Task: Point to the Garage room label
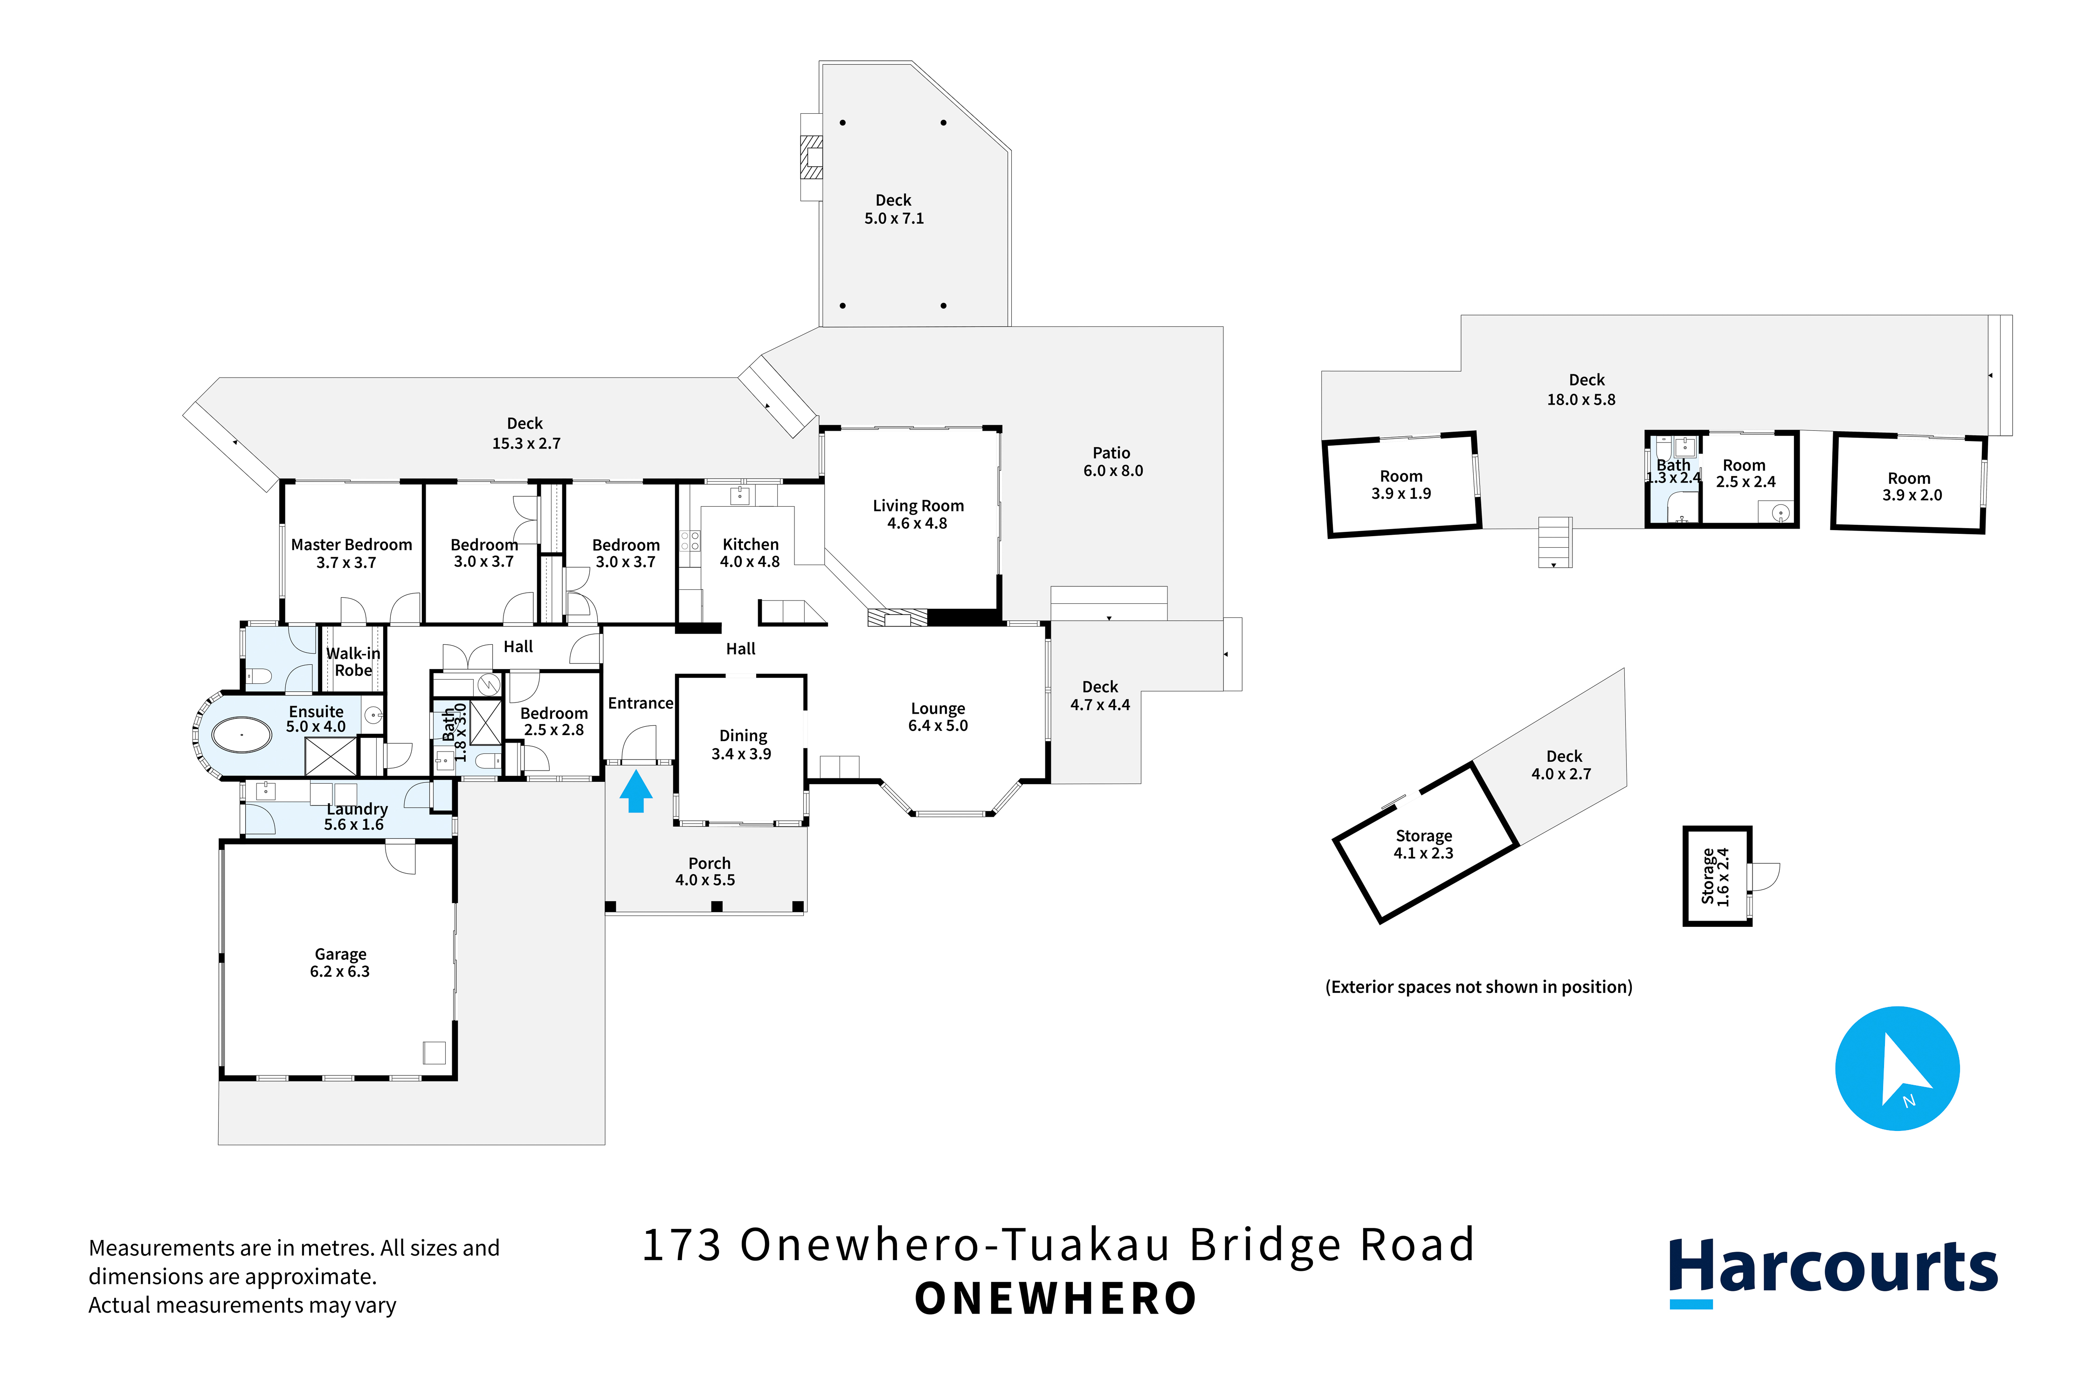(x=340, y=963)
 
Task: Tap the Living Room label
(x=918, y=514)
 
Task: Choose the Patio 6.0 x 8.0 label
(x=1113, y=461)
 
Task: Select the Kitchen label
(x=751, y=552)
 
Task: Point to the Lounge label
(x=938, y=717)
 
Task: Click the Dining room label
(x=743, y=744)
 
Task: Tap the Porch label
(x=706, y=871)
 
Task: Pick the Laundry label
(x=355, y=816)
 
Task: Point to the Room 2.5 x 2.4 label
(x=1746, y=473)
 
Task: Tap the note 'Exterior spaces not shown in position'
(x=1479, y=987)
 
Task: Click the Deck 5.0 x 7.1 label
(x=894, y=209)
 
